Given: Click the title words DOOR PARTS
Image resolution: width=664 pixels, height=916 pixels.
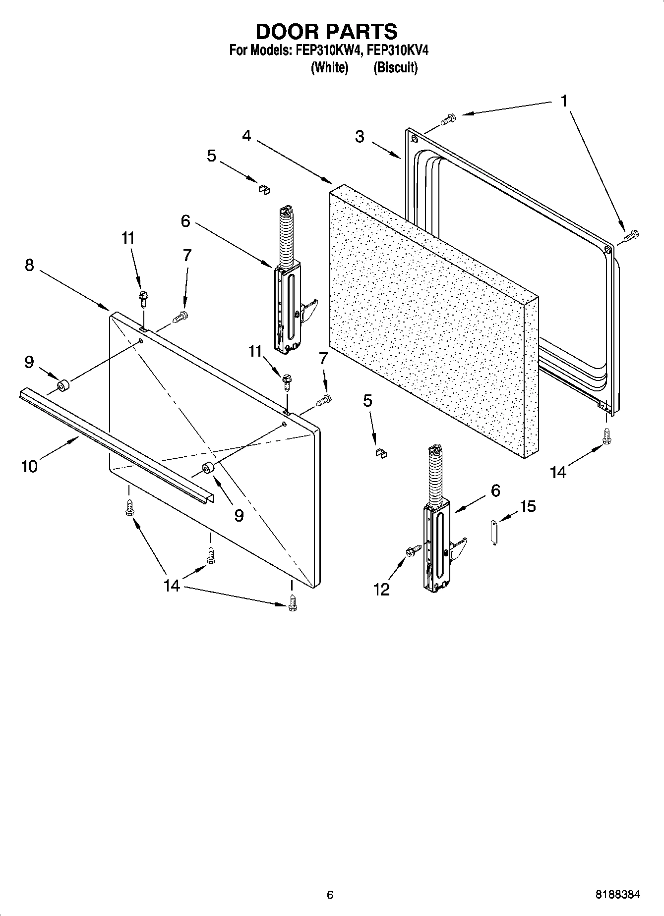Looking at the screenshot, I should (x=326, y=32).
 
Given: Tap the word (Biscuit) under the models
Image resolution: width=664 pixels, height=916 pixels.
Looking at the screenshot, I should (x=395, y=67).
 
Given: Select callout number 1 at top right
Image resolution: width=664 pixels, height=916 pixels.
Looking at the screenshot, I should (x=564, y=101).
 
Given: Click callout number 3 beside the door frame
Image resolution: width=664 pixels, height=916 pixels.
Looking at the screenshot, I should (x=360, y=137).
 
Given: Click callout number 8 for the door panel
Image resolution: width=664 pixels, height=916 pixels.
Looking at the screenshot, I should (x=29, y=265).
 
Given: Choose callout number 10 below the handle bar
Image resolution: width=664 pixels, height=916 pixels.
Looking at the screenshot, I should (x=29, y=466).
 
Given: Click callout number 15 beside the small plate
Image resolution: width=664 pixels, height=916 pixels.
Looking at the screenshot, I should (x=528, y=506).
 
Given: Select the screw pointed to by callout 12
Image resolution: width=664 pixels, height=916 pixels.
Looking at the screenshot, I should (x=414, y=549).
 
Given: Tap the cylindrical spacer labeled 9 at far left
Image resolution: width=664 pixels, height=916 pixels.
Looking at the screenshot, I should (x=63, y=386).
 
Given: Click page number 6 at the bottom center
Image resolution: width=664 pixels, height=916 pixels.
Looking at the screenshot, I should (x=330, y=895).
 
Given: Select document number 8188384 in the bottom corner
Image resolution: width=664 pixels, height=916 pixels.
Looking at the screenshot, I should (x=617, y=895).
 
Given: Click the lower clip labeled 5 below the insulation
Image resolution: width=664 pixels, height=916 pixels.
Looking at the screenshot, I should (x=381, y=452).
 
